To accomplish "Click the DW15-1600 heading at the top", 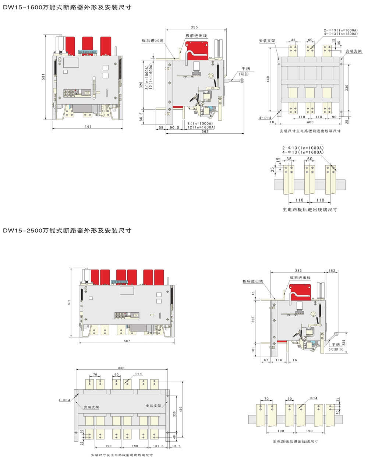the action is point(67,7).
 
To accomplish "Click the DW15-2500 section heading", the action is point(67,231).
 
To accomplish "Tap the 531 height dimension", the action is point(43,77).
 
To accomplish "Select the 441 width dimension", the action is point(88,127).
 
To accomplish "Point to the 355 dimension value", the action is point(194,27).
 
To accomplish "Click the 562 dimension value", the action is point(205,131).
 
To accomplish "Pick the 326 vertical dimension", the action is point(141,85).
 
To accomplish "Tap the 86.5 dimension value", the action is point(141,117).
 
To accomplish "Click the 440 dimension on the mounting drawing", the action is point(268,79).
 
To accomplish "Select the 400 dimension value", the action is point(310,122).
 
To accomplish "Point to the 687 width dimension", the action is point(127,341).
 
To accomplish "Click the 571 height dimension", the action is point(69,302).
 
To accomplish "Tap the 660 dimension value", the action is point(121,368).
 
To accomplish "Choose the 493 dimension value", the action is point(181,409).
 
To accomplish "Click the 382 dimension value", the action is point(298,270).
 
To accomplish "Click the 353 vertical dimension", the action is point(253,320).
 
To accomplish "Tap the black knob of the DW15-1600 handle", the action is point(242,81).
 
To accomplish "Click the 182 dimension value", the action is point(332,270).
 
